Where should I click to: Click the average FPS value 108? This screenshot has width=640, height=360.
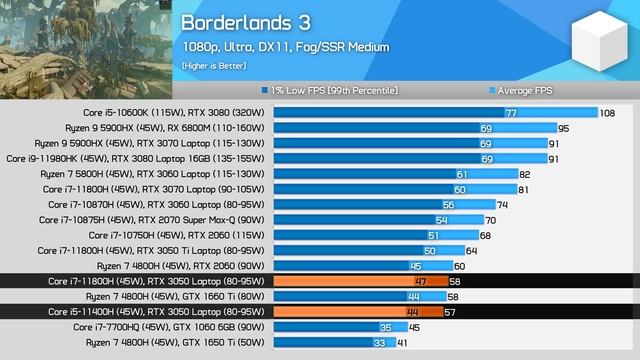607,113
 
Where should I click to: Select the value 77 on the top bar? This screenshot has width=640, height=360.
510,113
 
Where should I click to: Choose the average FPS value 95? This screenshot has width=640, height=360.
563,128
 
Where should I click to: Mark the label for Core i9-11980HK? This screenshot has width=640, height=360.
136,158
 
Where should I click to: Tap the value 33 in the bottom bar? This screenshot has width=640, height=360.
379,342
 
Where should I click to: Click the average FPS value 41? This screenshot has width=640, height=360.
402,342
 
